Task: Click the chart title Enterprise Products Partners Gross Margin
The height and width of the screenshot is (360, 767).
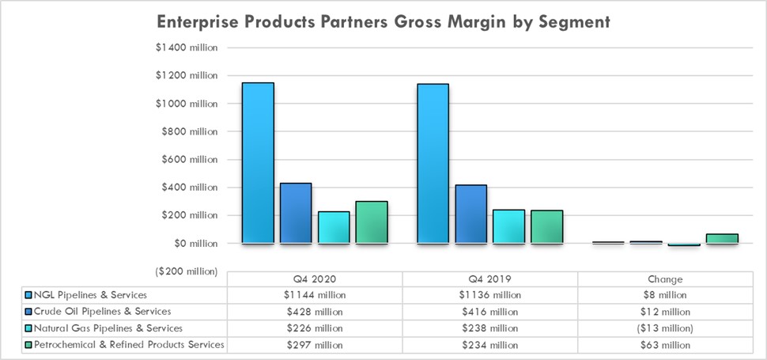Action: point(383,21)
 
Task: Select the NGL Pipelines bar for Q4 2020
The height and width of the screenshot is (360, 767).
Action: point(258,163)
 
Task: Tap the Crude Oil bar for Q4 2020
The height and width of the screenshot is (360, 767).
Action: point(296,213)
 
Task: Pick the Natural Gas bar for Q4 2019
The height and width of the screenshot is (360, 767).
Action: point(508,226)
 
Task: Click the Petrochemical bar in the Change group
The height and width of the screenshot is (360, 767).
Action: point(722,238)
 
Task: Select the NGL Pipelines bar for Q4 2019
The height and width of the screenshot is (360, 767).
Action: point(433,164)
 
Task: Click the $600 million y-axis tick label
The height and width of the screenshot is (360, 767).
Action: point(187,159)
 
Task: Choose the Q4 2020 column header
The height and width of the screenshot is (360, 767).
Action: point(315,279)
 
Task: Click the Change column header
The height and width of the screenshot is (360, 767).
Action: point(665,279)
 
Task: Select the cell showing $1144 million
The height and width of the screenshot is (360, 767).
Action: point(315,295)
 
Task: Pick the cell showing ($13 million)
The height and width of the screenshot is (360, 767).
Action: point(665,328)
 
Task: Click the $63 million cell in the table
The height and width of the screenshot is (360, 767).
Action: point(665,345)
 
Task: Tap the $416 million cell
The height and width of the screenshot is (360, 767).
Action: point(489,312)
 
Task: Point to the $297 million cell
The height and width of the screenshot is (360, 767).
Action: point(315,345)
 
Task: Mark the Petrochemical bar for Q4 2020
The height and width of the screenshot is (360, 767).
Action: point(372,222)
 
